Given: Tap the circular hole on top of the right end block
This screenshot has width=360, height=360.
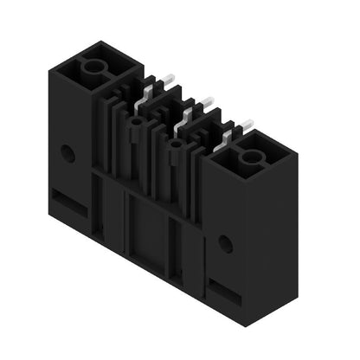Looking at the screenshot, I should click(x=251, y=157).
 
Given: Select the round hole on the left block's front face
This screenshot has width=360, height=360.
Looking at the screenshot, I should click(x=67, y=154).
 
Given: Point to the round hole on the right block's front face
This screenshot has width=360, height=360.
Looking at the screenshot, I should click(x=225, y=245).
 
